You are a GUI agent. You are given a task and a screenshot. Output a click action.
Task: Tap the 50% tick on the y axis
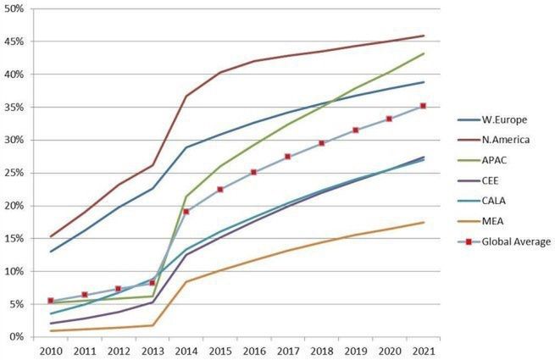15,8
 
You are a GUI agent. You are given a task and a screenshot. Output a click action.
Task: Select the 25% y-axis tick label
15,173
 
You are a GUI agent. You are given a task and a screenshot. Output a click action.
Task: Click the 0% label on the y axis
19,337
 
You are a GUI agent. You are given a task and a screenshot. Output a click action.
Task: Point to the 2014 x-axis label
186,351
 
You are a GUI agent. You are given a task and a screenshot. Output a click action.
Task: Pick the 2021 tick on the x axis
423,351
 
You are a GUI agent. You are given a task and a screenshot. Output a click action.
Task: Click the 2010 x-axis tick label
51,351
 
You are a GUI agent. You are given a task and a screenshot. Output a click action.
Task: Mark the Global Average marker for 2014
186,212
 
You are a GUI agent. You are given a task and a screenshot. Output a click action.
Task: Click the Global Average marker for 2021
423,106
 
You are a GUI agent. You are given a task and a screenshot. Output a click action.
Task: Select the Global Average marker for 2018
321,143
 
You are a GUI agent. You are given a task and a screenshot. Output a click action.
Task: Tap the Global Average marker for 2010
51,301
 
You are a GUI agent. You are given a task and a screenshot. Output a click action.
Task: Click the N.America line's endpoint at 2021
423,36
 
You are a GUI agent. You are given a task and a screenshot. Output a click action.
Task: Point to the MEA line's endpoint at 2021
423,222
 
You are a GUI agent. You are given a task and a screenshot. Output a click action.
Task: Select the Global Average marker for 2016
253,172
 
